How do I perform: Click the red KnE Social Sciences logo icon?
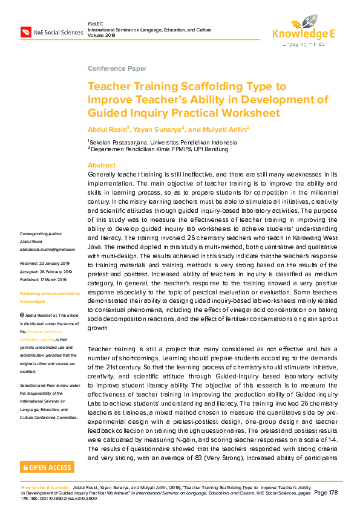coord(25,31)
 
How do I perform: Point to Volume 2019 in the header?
coord(101,35)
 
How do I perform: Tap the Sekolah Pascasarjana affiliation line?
coord(163,143)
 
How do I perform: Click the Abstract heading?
coord(101,165)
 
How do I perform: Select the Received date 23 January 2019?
coord(45,264)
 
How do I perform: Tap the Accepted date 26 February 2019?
coord(46,271)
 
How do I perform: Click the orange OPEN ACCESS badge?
coord(48,467)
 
